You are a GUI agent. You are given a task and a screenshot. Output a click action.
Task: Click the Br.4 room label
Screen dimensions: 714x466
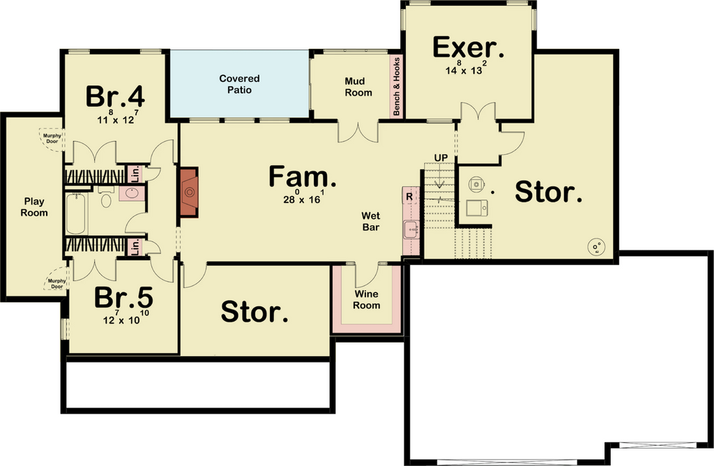point(115,96)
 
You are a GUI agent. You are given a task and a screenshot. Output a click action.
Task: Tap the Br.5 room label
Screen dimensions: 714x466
point(123,297)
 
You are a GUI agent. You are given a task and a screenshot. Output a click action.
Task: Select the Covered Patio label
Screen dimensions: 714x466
point(240,84)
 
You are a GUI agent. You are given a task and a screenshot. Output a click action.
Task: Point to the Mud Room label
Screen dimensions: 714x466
point(358,87)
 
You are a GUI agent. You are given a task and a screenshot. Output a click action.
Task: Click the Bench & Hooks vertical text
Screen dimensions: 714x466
point(396,86)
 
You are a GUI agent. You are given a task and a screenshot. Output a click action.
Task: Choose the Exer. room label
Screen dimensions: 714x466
point(468,48)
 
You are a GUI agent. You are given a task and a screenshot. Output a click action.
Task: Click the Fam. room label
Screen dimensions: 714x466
point(303,176)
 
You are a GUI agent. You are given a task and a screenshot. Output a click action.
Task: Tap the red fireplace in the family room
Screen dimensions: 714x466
point(189,192)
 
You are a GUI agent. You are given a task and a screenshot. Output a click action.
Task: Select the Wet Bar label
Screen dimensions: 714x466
point(371,221)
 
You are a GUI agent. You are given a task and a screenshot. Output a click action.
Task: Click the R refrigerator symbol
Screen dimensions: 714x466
point(409,197)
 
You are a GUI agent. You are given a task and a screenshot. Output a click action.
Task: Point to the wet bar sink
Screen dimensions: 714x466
point(411,229)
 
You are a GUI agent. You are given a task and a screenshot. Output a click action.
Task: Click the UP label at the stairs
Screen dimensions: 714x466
point(441,158)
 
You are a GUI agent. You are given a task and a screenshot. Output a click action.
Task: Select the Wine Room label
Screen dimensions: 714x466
point(367,300)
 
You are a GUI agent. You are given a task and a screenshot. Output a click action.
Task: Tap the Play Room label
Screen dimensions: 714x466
point(34,206)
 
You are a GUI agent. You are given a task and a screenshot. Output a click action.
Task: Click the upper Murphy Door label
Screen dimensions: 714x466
point(52,139)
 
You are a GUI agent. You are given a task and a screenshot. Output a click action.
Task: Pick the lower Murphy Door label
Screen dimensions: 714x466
point(57,284)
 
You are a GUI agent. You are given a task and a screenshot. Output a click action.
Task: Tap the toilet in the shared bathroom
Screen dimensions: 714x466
point(106,197)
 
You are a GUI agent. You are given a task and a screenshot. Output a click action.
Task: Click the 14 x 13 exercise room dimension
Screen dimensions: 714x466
point(466,68)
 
